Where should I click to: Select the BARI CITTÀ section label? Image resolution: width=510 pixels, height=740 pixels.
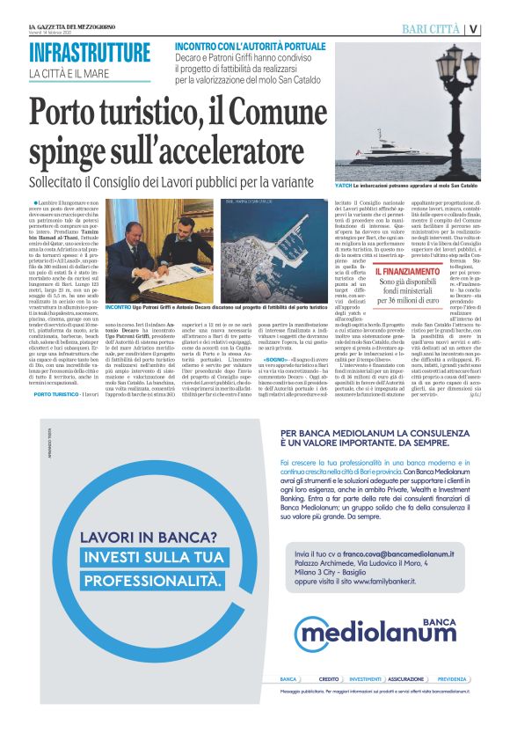[431, 29]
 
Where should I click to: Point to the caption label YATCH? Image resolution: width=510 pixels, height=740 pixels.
[345, 187]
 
